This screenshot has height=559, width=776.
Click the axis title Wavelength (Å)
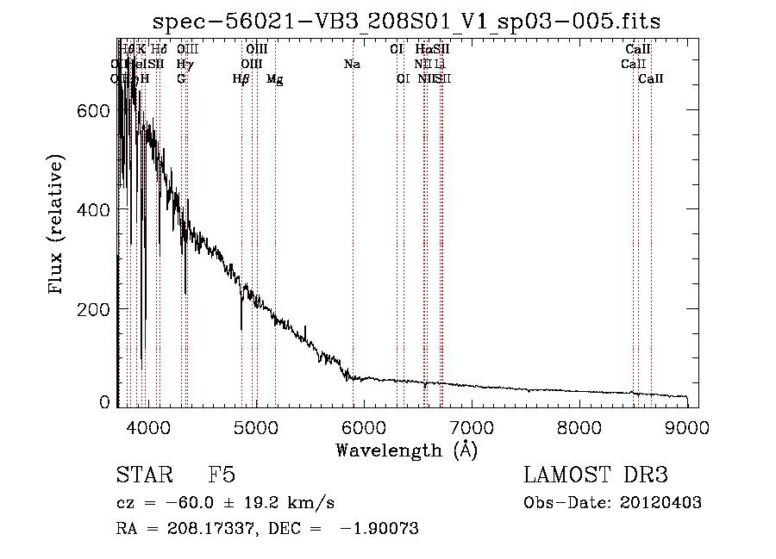[406, 450]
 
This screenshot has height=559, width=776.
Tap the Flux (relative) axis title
[57, 225]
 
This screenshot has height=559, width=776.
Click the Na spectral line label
[352, 65]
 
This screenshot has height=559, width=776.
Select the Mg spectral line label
[275, 79]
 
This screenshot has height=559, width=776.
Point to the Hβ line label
[241, 79]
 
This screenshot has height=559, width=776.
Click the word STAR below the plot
[143, 476]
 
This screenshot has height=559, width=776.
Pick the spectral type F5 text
[222, 476]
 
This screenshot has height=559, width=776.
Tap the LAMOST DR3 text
[595, 476]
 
